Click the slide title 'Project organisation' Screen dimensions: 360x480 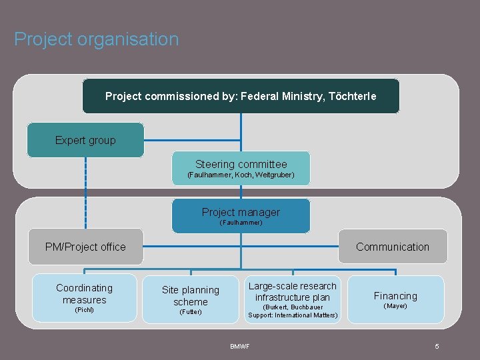pyautogui.click(x=97, y=39)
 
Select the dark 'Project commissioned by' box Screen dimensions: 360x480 pyautogui.click(x=241, y=96)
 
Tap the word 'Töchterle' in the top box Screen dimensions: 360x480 pyautogui.click(x=354, y=97)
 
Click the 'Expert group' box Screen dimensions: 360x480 pyautogui.click(x=85, y=140)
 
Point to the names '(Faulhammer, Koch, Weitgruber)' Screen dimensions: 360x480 pyautogui.click(x=241, y=175)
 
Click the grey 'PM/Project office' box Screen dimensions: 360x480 pyautogui.click(x=85, y=247)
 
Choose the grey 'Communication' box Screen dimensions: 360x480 pyautogui.click(x=393, y=247)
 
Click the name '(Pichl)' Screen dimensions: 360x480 pyautogui.click(x=85, y=310)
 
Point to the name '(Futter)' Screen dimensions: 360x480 pyautogui.click(x=191, y=312)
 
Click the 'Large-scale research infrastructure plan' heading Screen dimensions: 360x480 pyautogui.click(x=293, y=291)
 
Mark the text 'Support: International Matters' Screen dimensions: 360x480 pyautogui.click(x=293, y=315)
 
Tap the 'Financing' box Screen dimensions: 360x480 pyautogui.click(x=395, y=296)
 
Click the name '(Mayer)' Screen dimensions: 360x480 pyautogui.click(x=395, y=306)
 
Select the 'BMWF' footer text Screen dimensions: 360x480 pyautogui.click(x=240, y=346)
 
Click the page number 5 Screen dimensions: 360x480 pyautogui.click(x=437, y=346)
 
